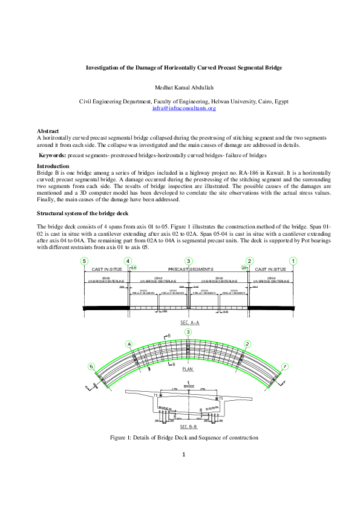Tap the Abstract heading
48,131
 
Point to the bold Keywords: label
53,155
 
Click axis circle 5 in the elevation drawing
84,261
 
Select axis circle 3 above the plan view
188,332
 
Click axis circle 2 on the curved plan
247,343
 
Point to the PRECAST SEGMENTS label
188,269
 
